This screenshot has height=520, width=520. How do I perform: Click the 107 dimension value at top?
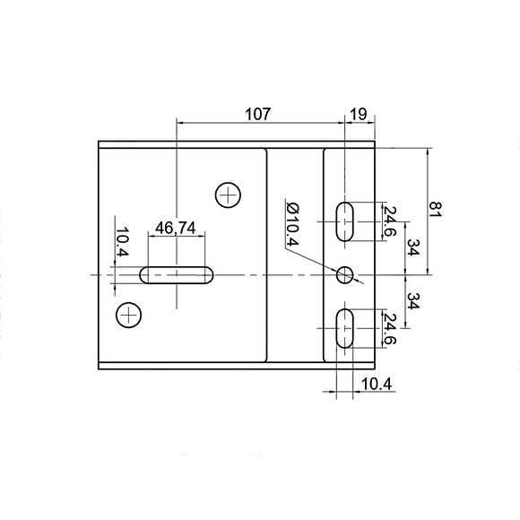pyautogui.click(x=257, y=114)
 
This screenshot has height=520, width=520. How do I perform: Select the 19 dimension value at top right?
pyautogui.click(x=357, y=114)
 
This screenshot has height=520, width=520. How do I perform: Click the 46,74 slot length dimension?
pyautogui.click(x=176, y=228)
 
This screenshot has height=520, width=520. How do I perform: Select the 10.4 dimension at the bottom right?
pyautogui.click(x=375, y=384)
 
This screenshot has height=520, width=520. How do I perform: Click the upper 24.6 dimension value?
pyautogui.click(x=389, y=221)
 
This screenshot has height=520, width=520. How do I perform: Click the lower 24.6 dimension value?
pyautogui.click(x=389, y=329)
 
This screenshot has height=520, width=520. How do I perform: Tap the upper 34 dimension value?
pyautogui.click(x=412, y=247)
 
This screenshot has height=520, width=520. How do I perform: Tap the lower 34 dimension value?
pyautogui.click(x=412, y=301)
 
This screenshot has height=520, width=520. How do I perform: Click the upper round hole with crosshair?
pyautogui.click(x=229, y=194)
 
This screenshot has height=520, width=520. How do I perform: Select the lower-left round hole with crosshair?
pyautogui.click(x=129, y=315)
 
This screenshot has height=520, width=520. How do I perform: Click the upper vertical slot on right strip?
pyautogui.click(x=346, y=221)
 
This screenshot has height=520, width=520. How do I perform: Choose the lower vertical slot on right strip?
pyautogui.click(x=346, y=329)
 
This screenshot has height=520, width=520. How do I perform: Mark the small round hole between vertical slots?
pyautogui.click(x=345, y=274)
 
